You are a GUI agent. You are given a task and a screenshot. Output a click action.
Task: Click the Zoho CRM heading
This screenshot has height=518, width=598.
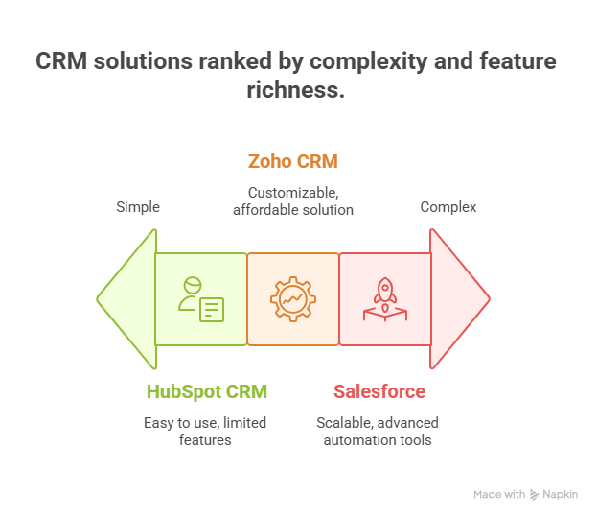pyautogui.click(x=293, y=161)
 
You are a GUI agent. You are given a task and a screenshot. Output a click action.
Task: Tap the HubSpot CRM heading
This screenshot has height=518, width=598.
pyautogui.click(x=207, y=392)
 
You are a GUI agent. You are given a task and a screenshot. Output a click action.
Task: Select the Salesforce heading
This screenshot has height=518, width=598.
pyautogui.click(x=379, y=391)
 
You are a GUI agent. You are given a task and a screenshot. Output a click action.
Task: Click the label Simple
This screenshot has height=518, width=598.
pyautogui.click(x=138, y=207)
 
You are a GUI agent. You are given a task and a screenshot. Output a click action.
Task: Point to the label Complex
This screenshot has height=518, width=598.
pyautogui.click(x=448, y=207)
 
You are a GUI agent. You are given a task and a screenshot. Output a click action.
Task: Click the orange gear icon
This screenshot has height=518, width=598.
pyautogui.click(x=293, y=299)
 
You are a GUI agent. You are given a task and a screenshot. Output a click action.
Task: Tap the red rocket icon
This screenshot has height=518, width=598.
pyautogui.click(x=385, y=299)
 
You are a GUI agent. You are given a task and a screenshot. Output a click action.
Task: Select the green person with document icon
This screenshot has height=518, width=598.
pyautogui.click(x=201, y=299)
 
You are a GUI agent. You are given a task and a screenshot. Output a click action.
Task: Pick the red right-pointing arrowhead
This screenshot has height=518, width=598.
pyautogui.click(x=460, y=299)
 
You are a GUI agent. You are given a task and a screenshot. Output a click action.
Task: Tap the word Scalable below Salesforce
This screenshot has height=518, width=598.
pyautogui.click(x=345, y=423)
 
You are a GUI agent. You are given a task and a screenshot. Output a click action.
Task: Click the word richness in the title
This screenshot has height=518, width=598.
pyautogui.click(x=295, y=90)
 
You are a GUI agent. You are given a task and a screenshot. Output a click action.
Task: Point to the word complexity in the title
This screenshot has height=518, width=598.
pyautogui.click(x=368, y=61)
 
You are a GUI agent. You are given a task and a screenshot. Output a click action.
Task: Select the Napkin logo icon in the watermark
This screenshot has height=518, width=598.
pyautogui.click(x=535, y=495)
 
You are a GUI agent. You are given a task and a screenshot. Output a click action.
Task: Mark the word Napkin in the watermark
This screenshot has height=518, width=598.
pyautogui.click(x=561, y=495)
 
